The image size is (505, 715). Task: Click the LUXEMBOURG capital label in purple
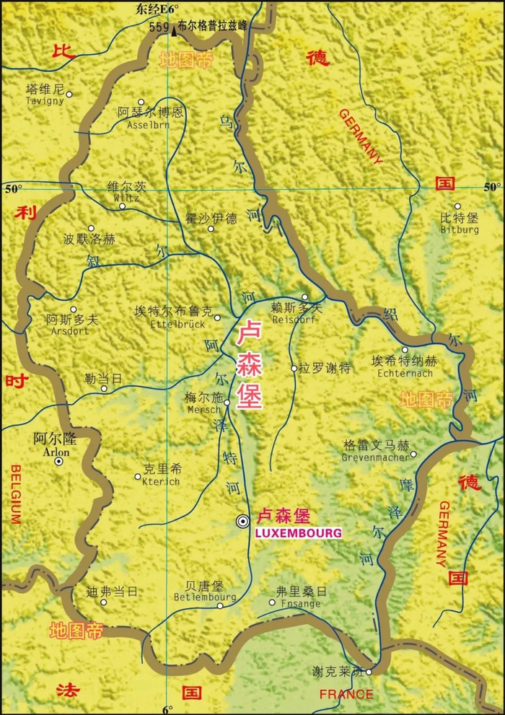(298, 533)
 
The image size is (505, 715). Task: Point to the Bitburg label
(459, 229)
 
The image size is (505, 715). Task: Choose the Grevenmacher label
(375, 457)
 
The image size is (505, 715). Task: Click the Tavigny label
(45, 101)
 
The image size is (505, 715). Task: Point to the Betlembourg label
(205, 597)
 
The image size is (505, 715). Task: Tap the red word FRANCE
(346, 695)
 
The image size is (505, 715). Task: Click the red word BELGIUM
(14, 494)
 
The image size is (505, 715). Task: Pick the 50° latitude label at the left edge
(14, 189)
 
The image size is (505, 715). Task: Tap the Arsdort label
(70, 331)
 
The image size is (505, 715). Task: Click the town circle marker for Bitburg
(458, 206)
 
